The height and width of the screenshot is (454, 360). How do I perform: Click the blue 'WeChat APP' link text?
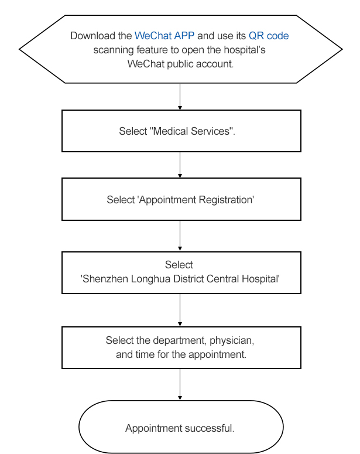(164, 36)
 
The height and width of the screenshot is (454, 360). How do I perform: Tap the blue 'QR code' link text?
(269, 36)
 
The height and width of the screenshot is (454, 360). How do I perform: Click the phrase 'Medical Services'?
(192, 131)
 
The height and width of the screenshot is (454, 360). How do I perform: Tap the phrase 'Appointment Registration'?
(196, 200)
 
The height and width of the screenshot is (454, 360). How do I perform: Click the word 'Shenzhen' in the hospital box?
(105, 279)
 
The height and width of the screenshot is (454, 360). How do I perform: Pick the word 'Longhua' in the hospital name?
(150, 279)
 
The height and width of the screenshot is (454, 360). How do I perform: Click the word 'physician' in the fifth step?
(231, 340)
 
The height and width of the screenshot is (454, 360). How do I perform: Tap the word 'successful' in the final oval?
(208, 428)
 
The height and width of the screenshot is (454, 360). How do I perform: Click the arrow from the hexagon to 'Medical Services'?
(180, 97)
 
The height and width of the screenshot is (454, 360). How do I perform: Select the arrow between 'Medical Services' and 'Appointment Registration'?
(180, 165)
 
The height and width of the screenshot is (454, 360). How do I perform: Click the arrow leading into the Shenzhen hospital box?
(180, 235)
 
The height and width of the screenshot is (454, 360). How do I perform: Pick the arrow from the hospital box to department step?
(180, 310)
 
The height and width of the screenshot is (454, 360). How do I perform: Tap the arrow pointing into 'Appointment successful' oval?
(180, 384)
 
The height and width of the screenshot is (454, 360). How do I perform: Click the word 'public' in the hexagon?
(180, 64)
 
